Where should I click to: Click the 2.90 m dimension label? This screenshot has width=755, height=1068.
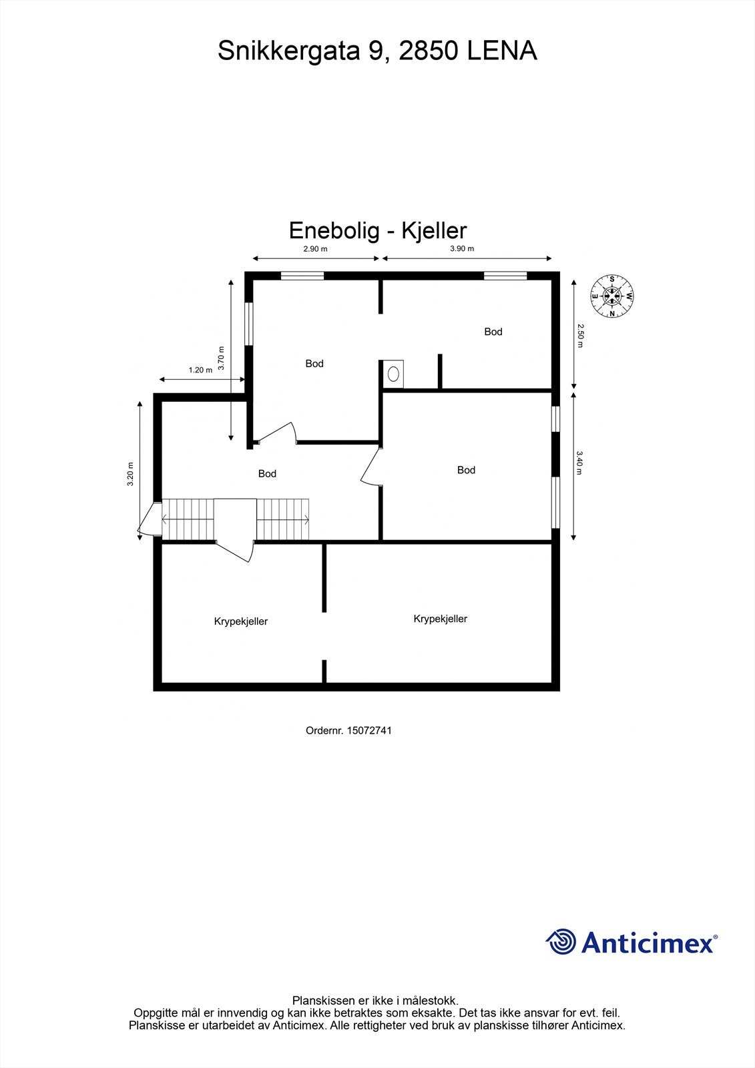tap(315, 249)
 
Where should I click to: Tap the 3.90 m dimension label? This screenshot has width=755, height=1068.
tap(461, 249)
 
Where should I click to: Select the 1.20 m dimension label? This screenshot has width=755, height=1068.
tap(200, 370)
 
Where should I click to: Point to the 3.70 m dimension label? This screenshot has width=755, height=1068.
tap(221, 358)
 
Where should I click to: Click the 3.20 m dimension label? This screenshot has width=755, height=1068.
tap(131, 474)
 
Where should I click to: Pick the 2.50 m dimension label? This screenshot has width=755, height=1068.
tap(580, 336)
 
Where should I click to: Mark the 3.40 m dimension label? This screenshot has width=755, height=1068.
tap(580, 463)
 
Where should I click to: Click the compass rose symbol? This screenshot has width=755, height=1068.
tap(611, 295)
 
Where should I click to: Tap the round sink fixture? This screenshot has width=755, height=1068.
tap(394, 374)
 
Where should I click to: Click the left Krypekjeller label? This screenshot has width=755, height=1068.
tap(241, 621)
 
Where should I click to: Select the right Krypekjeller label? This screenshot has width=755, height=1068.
tap(440, 619)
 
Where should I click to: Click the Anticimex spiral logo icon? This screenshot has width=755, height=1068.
tap(561, 942)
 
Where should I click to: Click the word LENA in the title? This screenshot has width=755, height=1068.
tap(501, 51)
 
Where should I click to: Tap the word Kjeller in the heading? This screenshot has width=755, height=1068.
tap(434, 230)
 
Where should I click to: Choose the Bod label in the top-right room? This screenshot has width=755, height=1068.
tap(493, 332)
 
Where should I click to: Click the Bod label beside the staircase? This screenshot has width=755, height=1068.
tap(267, 474)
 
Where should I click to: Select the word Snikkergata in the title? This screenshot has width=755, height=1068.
tap(289, 51)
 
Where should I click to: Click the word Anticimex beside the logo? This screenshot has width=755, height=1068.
tap(647, 943)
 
